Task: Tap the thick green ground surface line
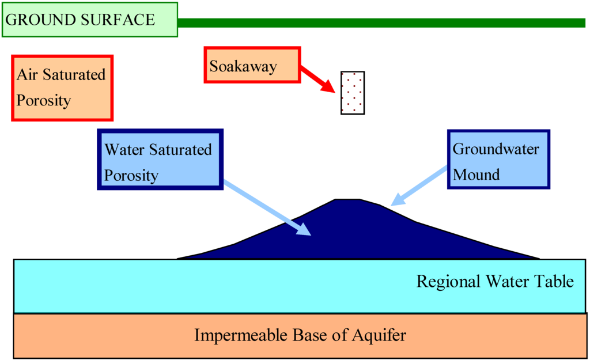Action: pos(380,23)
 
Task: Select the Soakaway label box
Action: pos(252,66)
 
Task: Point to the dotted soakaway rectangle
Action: pos(352,93)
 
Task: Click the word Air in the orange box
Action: pos(27,75)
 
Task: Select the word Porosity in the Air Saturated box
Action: pos(43,100)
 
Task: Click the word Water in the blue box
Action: pos(124,150)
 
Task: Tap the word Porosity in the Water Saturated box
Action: pos(131,175)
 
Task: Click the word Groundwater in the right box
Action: pos(496,149)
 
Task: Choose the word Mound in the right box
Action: pos(476,174)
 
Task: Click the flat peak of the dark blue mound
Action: pos(347,200)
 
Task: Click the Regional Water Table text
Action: pos(495,282)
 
